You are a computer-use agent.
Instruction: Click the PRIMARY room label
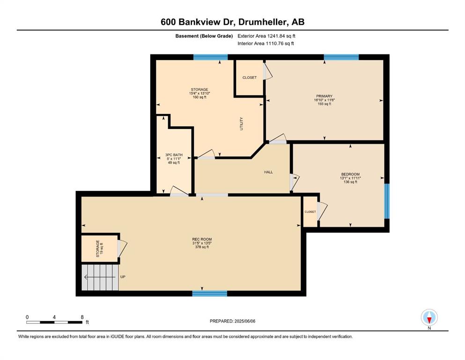pyautogui.click(x=324, y=96)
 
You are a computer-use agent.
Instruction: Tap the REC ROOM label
pyautogui.click(x=202, y=239)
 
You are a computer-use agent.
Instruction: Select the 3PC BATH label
pyautogui.click(x=174, y=155)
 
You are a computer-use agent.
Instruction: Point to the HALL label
pyautogui.click(x=268, y=172)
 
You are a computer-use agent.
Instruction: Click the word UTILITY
pyautogui.click(x=241, y=123)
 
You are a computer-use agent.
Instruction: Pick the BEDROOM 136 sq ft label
pyautogui.click(x=350, y=178)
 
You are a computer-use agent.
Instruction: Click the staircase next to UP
pyautogui.click(x=100, y=277)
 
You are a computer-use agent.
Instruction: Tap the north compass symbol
pyautogui.click(x=429, y=317)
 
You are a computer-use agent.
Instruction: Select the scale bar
pyautogui.click(x=55, y=322)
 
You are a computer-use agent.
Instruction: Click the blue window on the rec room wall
pyautogui.click(x=210, y=293)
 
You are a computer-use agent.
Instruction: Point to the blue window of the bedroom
pyautogui.click(x=387, y=201)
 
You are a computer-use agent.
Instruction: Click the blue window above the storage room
pyautogui.click(x=211, y=57)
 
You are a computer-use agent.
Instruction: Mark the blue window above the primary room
pyautogui.click(x=341, y=57)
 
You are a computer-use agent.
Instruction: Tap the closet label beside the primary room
pyautogui.click(x=250, y=77)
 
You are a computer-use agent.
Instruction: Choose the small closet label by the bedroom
pyautogui.click(x=310, y=211)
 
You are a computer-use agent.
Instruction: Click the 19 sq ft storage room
pyautogui.click(x=100, y=249)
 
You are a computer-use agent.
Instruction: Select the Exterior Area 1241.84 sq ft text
pyautogui.click(x=266, y=36)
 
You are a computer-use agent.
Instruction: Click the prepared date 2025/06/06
pyautogui.click(x=232, y=321)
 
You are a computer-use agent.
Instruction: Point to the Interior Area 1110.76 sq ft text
pyautogui.click(x=266, y=43)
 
